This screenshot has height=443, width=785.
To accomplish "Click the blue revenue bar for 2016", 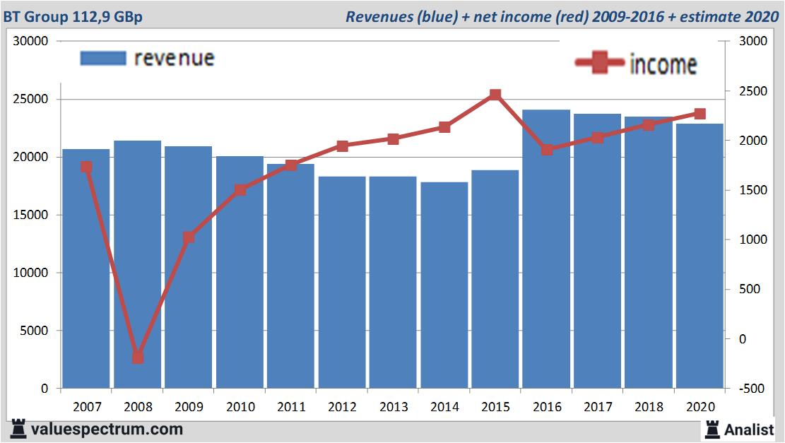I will click(546, 268).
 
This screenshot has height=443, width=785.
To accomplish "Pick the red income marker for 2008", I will click(138, 358).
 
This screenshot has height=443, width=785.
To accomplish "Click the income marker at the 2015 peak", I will click(495, 95).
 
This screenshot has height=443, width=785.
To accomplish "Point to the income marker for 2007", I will click(86, 167).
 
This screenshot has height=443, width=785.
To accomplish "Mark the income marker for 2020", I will click(700, 114).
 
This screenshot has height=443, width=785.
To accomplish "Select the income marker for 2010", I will click(240, 190).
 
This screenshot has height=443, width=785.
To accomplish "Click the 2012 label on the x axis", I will click(342, 407).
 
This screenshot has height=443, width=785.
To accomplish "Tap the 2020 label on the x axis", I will click(700, 407).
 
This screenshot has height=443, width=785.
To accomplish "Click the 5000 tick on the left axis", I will click(35, 331).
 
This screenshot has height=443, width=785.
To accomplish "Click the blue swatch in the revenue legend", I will click(102, 58).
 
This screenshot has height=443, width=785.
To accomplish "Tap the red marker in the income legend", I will click(600, 63).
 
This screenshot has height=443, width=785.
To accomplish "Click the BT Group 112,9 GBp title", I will click(73, 16).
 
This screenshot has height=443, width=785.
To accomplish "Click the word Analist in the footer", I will click(749, 429).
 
